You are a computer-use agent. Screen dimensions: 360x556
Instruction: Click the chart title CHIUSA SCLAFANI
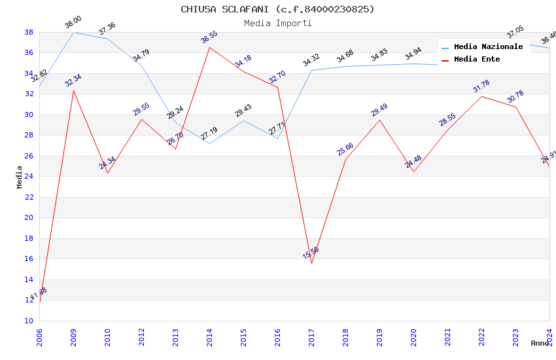pos(277,9)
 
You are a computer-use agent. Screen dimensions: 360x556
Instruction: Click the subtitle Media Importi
pos(277,23)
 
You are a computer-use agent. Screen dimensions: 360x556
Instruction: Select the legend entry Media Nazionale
pos(488,46)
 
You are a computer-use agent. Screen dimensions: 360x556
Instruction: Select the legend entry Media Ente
pos(476,59)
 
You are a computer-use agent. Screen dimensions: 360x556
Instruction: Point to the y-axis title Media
pos(20,177)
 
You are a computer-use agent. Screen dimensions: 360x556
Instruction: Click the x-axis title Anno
pos(540,343)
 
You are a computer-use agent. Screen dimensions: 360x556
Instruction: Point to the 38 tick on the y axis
pos(29,32)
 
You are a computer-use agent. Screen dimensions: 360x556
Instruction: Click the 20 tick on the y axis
pos(29,217)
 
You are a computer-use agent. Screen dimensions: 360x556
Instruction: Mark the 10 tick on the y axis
pos(29,321)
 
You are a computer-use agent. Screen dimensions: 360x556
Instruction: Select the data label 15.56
pos(311,253)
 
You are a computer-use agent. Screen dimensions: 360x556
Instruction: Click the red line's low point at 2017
pos(311,263)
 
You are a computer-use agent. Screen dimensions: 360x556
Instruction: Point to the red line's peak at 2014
pos(209,47)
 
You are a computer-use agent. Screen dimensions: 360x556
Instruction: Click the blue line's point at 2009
pos(73,32)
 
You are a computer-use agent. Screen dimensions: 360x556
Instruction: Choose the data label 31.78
pos(481,86)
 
